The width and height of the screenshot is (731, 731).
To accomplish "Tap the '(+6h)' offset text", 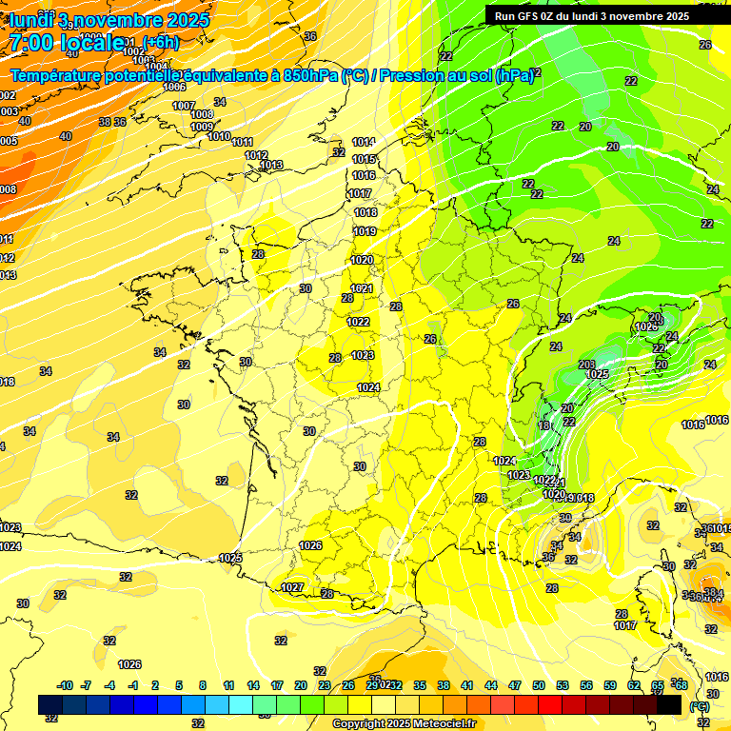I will click(x=160, y=42).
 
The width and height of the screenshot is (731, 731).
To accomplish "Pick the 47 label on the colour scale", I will click(x=515, y=685).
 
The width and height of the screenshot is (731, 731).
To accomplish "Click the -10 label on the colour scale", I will click(x=65, y=685).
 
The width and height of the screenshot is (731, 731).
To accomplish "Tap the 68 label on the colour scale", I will click(x=681, y=685).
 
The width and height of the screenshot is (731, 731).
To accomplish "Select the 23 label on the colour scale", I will click(x=325, y=685).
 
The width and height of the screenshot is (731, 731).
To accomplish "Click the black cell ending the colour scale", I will click(x=668, y=704).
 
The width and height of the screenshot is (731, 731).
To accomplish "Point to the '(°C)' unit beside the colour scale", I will click(x=700, y=706).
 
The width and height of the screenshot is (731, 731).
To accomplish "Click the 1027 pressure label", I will click(x=292, y=587).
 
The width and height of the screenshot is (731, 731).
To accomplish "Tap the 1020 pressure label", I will click(x=362, y=260).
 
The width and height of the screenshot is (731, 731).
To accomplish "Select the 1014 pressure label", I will click(x=363, y=142).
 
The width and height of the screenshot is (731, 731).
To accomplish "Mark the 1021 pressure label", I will click(x=361, y=288).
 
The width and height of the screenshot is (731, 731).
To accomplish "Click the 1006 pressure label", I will click(x=174, y=87).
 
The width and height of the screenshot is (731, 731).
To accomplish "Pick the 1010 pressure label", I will click(x=219, y=136).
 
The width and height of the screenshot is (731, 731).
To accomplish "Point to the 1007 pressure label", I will click(x=184, y=106).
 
